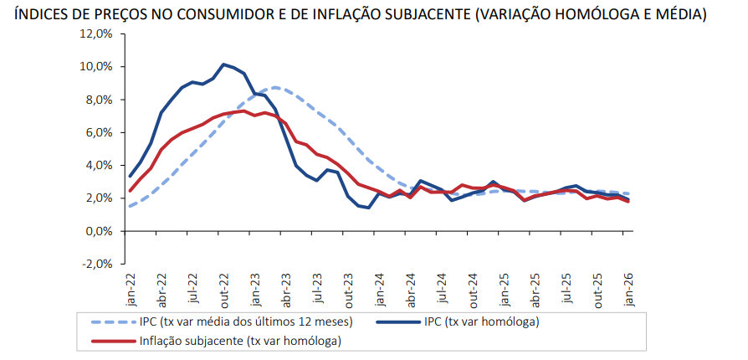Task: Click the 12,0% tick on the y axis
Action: [x=96, y=33]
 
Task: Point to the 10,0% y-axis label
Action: [x=96, y=66]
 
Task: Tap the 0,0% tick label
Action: [x=99, y=231]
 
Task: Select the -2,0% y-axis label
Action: [x=97, y=264]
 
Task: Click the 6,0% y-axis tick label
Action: [x=99, y=132]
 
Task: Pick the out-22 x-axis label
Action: [x=224, y=289]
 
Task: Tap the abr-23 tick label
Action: [x=287, y=289]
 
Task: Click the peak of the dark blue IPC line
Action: [x=223, y=64]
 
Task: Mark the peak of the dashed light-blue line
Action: [x=276, y=87]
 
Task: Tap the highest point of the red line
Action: [x=243, y=111]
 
